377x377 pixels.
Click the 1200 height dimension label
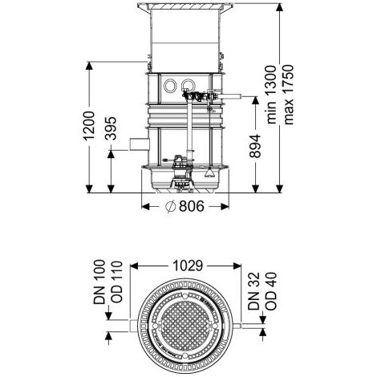[89, 126]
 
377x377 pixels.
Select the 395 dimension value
[111, 128]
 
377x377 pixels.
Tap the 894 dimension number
[254, 146]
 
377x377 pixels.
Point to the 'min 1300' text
[271, 95]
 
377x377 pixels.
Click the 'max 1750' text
[288, 95]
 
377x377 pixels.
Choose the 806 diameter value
[192, 206]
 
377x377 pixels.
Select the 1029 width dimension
[188, 266]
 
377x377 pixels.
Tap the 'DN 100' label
[99, 282]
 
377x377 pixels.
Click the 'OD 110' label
[116, 282]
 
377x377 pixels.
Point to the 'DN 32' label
[253, 291]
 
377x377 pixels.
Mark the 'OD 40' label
[271, 291]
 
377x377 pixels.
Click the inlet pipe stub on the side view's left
[140, 144]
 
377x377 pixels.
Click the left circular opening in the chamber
[170, 86]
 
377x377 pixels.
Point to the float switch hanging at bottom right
[209, 172]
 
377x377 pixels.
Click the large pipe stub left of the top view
[134, 326]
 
